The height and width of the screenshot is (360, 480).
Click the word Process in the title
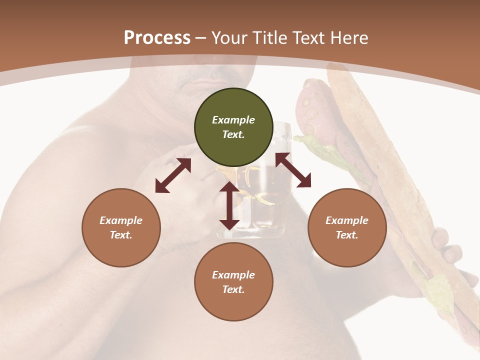tap(157, 38)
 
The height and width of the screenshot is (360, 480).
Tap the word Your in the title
tap(230, 38)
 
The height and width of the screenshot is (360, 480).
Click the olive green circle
tap(233, 127)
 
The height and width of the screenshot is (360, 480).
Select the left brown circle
tap(121, 227)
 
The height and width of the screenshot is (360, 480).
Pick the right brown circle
tap(347, 227)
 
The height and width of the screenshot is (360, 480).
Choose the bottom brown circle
tap(233, 282)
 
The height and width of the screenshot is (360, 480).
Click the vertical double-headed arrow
tap(229, 205)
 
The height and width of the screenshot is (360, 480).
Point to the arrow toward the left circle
tap(173, 175)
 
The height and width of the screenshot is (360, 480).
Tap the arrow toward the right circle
tap(293, 170)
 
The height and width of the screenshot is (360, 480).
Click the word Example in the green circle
tap(233, 120)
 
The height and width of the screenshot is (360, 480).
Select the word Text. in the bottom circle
tap(233, 289)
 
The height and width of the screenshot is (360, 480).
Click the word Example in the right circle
tap(347, 220)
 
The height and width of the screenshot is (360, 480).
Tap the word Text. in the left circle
tap(121, 235)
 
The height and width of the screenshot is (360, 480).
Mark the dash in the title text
tap(201, 38)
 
